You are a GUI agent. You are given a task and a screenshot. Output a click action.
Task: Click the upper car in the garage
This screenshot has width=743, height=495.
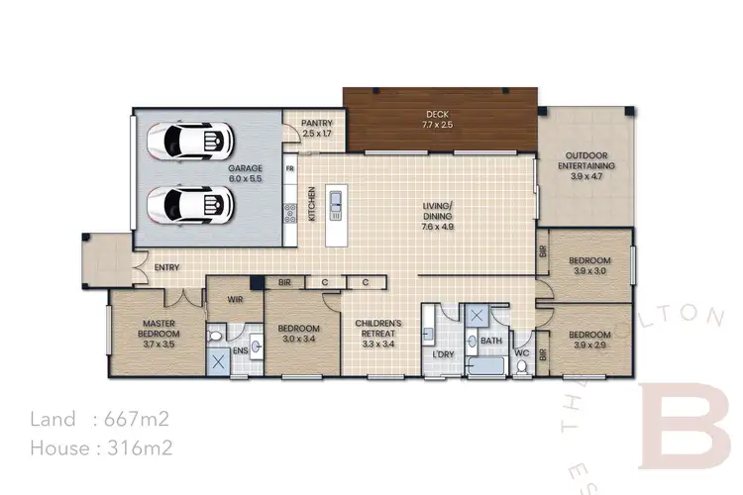click(x=192, y=142)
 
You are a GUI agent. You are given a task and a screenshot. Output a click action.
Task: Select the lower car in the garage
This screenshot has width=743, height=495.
click(x=192, y=204)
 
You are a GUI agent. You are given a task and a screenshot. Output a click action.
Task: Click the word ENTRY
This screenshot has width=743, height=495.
click(x=166, y=266)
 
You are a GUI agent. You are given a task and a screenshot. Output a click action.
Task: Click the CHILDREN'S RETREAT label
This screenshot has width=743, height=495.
click(x=379, y=329)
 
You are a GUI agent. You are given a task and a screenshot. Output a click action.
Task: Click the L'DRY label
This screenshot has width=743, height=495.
click(x=443, y=354)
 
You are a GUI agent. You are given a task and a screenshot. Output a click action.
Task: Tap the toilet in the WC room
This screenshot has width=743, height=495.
click(x=522, y=365)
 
